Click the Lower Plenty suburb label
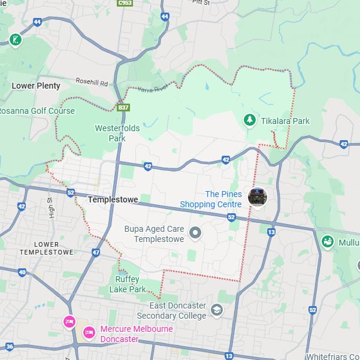36,86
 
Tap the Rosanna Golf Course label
37,111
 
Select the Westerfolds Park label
110,133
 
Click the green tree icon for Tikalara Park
250,120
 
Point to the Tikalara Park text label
285,121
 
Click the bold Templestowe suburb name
113,199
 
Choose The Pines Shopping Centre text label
223,199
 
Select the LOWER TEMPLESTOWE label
46,248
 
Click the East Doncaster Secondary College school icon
216,310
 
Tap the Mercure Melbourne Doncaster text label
137,334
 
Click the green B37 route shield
123,108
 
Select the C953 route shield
125,3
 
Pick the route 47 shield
96,253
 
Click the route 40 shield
22,273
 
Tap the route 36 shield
10,346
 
